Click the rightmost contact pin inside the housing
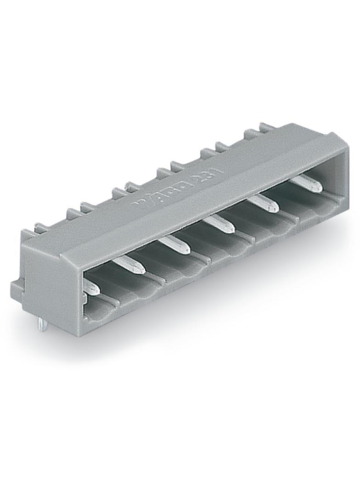tap(305, 183)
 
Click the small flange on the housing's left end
tap(16, 289)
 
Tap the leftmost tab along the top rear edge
tap(42, 228)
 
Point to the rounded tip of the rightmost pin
tap(317, 188)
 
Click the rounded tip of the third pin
tap(185, 250)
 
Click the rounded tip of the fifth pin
tap(274, 208)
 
